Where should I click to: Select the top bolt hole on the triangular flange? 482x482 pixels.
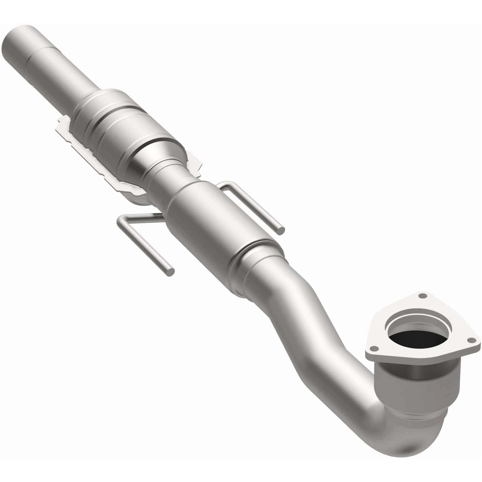coord(423,295)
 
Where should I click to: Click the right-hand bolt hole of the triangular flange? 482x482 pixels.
coord(472,340)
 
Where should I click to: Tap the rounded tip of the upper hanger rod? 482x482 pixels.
coord(282,229)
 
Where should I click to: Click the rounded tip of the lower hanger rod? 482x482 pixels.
coord(170,271)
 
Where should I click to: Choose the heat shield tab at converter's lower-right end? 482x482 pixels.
coord(195,163)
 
